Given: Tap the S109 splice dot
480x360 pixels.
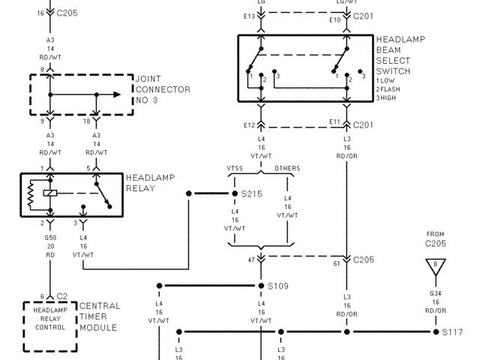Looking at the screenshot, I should (261, 286).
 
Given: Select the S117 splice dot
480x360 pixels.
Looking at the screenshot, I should (434, 331).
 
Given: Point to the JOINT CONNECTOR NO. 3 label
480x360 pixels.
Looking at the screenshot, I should (163, 88).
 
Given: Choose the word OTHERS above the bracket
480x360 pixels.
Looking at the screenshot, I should (286, 168).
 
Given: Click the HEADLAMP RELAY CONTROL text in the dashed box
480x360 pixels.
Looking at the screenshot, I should (50, 318).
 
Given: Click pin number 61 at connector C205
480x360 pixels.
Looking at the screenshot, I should (337, 264).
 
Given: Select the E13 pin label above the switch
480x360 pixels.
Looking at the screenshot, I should (250, 16).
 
